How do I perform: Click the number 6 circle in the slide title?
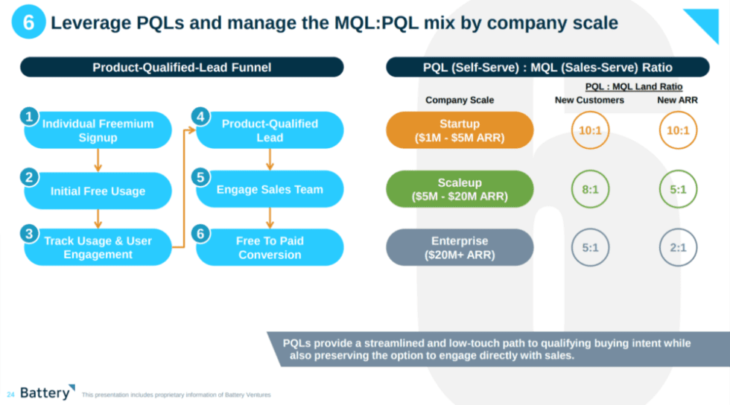[x=28, y=22]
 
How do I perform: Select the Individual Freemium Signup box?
[x=98, y=130]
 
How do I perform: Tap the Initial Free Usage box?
[x=98, y=191]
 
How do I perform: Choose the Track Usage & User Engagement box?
[x=98, y=247]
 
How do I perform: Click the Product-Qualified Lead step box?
[x=270, y=130]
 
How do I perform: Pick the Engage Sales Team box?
[x=270, y=190]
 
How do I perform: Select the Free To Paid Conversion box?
[x=270, y=247]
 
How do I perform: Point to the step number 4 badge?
[x=200, y=117]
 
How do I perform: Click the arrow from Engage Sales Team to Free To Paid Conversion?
[x=270, y=217]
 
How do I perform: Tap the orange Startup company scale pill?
[x=460, y=130]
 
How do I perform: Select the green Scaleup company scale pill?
[x=460, y=190]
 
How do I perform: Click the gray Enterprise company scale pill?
[x=460, y=247]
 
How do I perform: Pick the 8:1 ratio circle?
[x=590, y=190]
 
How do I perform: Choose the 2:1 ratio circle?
[x=678, y=247]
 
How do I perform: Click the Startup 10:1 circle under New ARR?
[x=678, y=130]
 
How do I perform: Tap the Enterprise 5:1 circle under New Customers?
[x=590, y=247]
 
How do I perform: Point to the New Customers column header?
[x=589, y=101]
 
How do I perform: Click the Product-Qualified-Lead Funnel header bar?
[x=182, y=68]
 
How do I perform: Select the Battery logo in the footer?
[x=47, y=392]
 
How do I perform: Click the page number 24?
[x=10, y=394]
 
